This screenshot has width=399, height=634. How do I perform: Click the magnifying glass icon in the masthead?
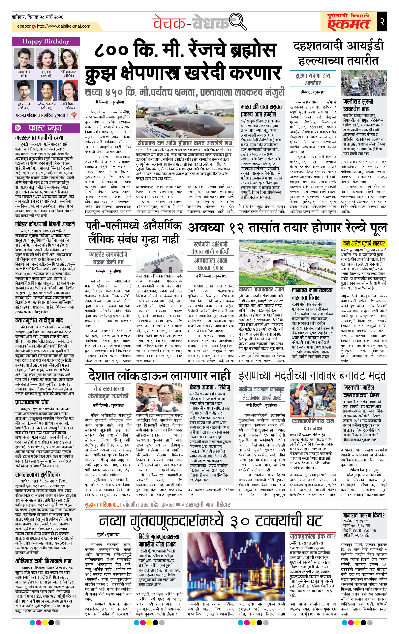(x=238, y=22)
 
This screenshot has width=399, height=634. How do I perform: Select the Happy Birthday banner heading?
(x=46, y=41)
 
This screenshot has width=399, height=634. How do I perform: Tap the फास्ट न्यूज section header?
(x=45, y=128)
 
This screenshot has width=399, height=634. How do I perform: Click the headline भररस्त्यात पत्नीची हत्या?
(x=39, y=137)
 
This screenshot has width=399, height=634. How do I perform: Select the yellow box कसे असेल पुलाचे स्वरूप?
(x=364, y=243)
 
